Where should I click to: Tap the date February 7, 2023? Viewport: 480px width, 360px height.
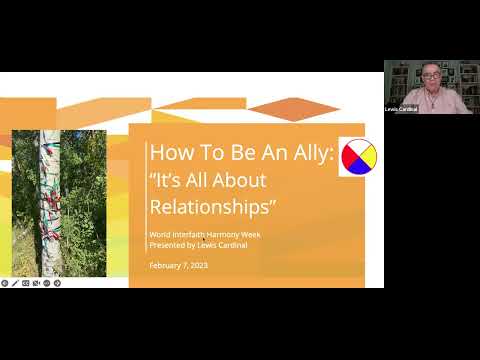point(177,264)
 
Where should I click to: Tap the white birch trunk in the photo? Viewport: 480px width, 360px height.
point(49,200)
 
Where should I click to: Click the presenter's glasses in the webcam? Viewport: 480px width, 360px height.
point(428,76)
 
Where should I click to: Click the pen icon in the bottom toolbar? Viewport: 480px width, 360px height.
point(15,283)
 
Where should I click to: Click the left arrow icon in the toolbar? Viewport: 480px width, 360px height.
point(4,283)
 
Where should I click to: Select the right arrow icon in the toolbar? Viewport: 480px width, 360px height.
point(58,283)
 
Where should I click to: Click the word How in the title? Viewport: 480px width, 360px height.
point(166,155)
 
